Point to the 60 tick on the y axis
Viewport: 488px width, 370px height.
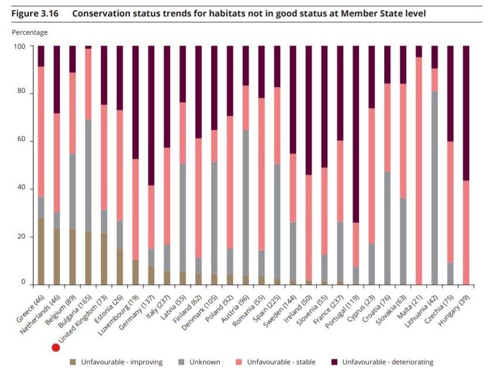(23, 140)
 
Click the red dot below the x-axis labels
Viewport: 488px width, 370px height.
(56, 348)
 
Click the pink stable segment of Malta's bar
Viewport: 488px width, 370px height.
(419, 170)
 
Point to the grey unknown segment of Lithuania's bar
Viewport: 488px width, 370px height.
(435, 188)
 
